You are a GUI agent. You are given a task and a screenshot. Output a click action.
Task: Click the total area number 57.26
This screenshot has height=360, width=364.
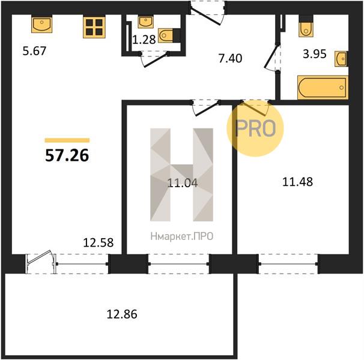click(67, 155)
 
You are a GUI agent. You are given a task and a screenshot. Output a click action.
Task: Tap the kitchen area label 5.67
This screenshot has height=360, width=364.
click(34, 51)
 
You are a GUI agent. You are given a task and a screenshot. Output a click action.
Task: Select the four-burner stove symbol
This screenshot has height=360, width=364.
click(94, 26)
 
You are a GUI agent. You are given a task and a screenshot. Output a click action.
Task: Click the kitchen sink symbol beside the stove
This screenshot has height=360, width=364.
click(42, 24)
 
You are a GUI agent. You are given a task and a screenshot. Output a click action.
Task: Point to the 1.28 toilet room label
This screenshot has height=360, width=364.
click(144, 40)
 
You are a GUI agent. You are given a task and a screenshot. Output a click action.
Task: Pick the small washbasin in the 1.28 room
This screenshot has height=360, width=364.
click(145, 22)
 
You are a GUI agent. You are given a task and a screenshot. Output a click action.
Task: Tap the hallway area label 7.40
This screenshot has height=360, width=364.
click(230, 58)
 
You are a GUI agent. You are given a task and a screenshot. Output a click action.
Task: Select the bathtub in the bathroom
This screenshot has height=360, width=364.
click(323, 88)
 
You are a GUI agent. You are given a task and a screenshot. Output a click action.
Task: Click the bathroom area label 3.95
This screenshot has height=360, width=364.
click(315, 54)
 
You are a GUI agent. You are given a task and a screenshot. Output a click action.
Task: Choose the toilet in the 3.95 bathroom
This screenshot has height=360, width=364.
click(306, 26)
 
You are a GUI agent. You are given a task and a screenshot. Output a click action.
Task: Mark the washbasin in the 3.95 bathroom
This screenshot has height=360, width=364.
click(341, 59)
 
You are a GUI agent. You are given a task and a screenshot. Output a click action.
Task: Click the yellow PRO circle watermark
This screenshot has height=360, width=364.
click(255, 128)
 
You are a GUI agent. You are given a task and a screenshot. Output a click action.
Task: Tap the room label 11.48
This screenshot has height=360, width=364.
click(297, 182)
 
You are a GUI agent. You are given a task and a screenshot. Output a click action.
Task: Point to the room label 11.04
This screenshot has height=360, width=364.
click(183, 183)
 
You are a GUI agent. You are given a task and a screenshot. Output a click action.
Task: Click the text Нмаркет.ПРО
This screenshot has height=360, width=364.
click(182, 236)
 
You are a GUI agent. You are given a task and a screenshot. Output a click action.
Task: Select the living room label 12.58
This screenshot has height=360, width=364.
click(98, 242)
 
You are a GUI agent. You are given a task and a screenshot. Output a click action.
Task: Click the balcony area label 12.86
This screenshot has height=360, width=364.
click(122, 314)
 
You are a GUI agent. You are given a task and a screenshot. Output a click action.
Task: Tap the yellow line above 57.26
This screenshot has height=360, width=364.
click(67, 140)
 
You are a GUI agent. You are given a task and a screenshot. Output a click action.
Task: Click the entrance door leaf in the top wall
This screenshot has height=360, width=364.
click(205, 16)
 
